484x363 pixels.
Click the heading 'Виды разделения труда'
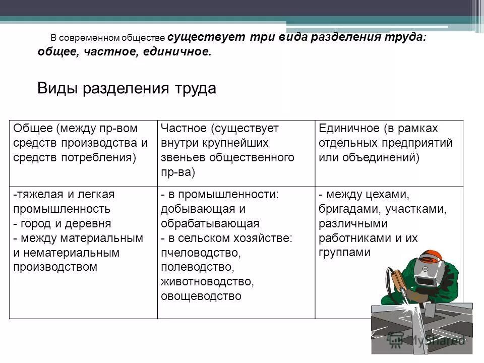pos(127,89)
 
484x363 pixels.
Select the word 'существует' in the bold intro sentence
pos(206,38)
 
